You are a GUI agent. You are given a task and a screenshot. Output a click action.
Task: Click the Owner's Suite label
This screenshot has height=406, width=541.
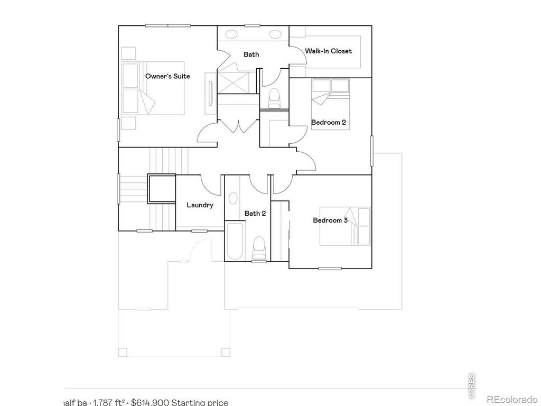pyautogui.click(x=167, y=76)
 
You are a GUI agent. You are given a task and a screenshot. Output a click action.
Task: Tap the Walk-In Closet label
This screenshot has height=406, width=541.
pyautogui.click(x=328, y=51)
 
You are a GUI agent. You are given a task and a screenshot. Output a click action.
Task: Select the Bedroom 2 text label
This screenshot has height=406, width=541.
pyautogui.click(x=328, y=122)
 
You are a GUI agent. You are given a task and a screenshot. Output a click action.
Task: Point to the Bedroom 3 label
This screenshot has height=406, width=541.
pyautogui.click(x=330, y=220)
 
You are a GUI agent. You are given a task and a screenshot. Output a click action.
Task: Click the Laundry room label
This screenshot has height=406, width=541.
pyautogui.click(x=200, y=205)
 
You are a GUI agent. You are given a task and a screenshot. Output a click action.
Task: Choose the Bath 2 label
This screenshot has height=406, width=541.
pyautogui.click(x=255, y=213)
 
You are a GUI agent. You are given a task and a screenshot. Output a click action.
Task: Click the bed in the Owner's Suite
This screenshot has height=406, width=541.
pyautogui.click(x=153, y=88)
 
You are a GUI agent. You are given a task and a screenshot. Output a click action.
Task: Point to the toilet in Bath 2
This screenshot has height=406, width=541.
pyautogui.click(x=259, y=246)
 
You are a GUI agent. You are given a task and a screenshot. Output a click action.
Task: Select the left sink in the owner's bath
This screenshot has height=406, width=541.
pyautogui.click(x=232, y=35)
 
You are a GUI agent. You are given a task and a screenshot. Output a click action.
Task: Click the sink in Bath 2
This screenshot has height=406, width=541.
pyautogui.click(x=232, y=199)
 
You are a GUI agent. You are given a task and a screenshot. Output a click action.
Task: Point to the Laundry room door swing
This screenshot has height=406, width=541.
pyautogui.click(x=210, y=184)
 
